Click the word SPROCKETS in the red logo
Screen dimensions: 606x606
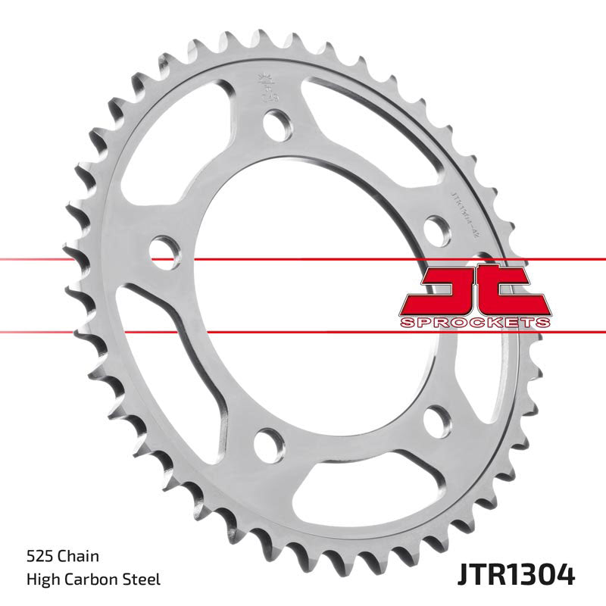coord(473,323)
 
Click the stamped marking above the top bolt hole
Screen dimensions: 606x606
coord(266,83)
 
